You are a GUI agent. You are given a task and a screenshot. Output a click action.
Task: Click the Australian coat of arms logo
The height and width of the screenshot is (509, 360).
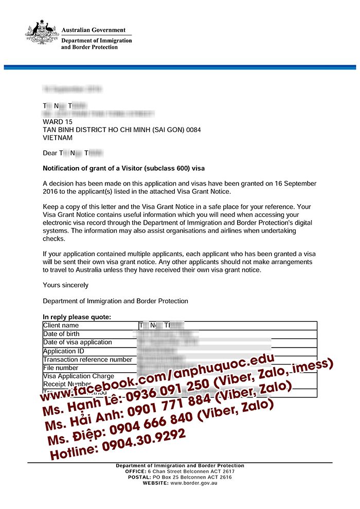coord(42,32)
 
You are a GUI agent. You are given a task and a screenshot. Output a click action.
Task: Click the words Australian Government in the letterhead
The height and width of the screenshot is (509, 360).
coord(93,30)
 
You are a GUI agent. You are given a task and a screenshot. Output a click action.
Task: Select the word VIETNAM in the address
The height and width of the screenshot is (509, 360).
coord(58,138)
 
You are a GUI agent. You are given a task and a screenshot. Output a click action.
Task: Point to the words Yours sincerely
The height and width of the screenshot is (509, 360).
coord(65,285)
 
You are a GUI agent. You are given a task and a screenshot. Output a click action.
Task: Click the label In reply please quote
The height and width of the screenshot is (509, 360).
coord(77,317)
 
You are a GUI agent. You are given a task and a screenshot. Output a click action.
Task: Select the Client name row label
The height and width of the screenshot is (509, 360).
coord(61,325)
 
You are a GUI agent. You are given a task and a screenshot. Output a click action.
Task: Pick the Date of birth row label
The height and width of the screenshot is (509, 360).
coord(61,334)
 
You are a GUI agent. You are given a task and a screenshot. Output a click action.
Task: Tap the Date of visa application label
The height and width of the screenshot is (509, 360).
coord(78,342)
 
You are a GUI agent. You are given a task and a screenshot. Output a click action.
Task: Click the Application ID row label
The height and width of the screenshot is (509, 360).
coord(64,351)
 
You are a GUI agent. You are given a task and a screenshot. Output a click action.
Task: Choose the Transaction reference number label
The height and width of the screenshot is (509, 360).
coord(87,359)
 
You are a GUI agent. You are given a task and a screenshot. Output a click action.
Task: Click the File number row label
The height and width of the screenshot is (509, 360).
coord(61,368)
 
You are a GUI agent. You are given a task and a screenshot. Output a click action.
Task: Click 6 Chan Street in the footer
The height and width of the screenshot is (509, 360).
coord(172,471)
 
